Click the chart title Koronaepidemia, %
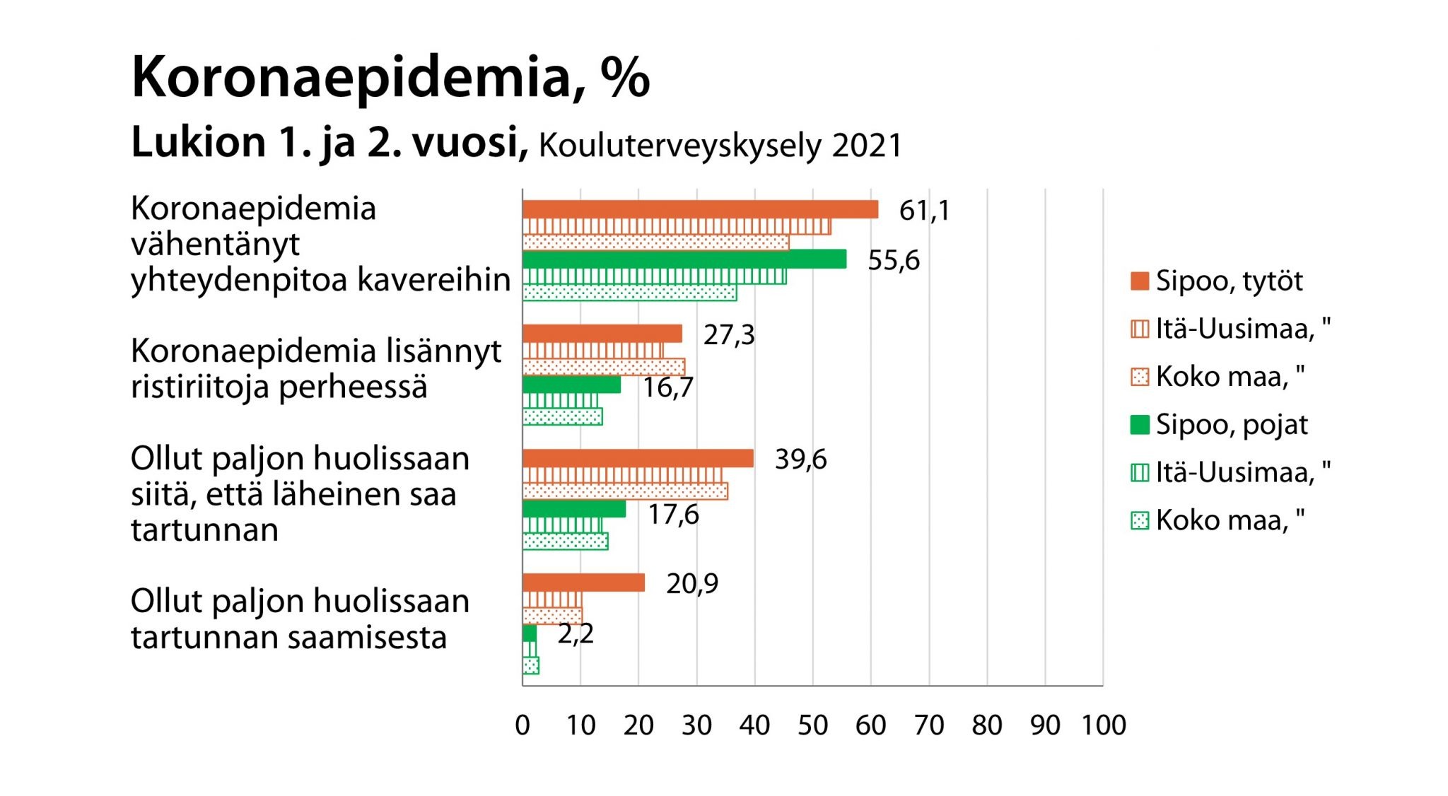(x=390, y=77)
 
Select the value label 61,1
(x=924, y=211)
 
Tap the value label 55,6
(x=894, y=260)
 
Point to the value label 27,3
(x=729, y=334)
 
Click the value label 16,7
(x=668, y=387)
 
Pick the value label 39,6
(x=800, y=460)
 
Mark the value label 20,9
(x=692, y=583)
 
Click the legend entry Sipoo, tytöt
(x=1229, y=281)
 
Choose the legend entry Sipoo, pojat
(x=1232, y=424)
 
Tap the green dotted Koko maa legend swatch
(x=1140, y=521)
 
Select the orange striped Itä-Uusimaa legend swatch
(x=1140, y=329)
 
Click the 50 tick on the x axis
(x=813, y=725)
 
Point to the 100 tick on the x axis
(x=1103, y=725)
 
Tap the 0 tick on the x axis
(x=522, y=725)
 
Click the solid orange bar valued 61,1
(x=700, y=209)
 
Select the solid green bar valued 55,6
(x=684, y=259)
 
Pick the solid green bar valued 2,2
(x=530, y=633)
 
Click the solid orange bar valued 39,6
(x=638, y=458)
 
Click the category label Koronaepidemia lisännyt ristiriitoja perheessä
(x=316, y=368)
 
